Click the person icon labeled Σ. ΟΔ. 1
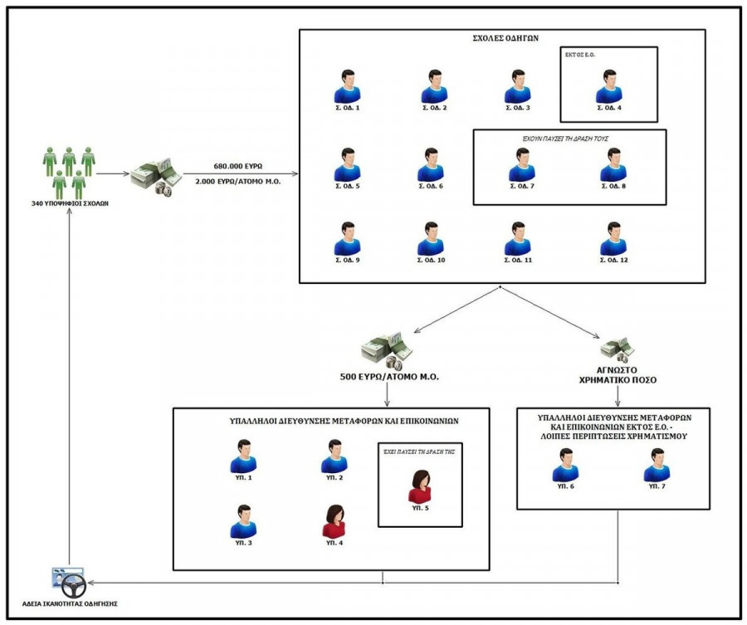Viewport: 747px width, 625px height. pyautogui.click(x=347, y=86)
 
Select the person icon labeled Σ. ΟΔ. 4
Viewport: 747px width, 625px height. pyautogui.click(x=609, y=86)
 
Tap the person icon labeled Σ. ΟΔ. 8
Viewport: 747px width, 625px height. pyautogui.click(x=613, y=165)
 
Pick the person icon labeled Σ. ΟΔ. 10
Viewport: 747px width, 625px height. pyautogui.click(x=430, y=239)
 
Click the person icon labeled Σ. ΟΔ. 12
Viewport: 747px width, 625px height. pyautogui.click(x=613, y=239)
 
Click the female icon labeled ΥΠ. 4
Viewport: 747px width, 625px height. pyautogui.click(x=334, y=521)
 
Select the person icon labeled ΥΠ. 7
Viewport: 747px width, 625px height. pyautogui.click(x=657, y=466)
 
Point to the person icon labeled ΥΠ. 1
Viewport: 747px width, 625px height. pyautogui.click(x=243, y=457)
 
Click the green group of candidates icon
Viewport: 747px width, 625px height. pyautogui.click(x=69, y=172)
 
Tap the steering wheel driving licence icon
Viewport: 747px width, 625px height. pyautogui.click(x=69, y=582)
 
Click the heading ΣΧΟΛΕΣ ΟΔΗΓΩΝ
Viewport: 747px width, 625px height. pyautogui.click(x=500, y=39)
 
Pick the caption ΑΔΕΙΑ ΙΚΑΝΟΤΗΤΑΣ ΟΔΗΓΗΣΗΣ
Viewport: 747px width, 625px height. pyautogui.click(x=69, y=603)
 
